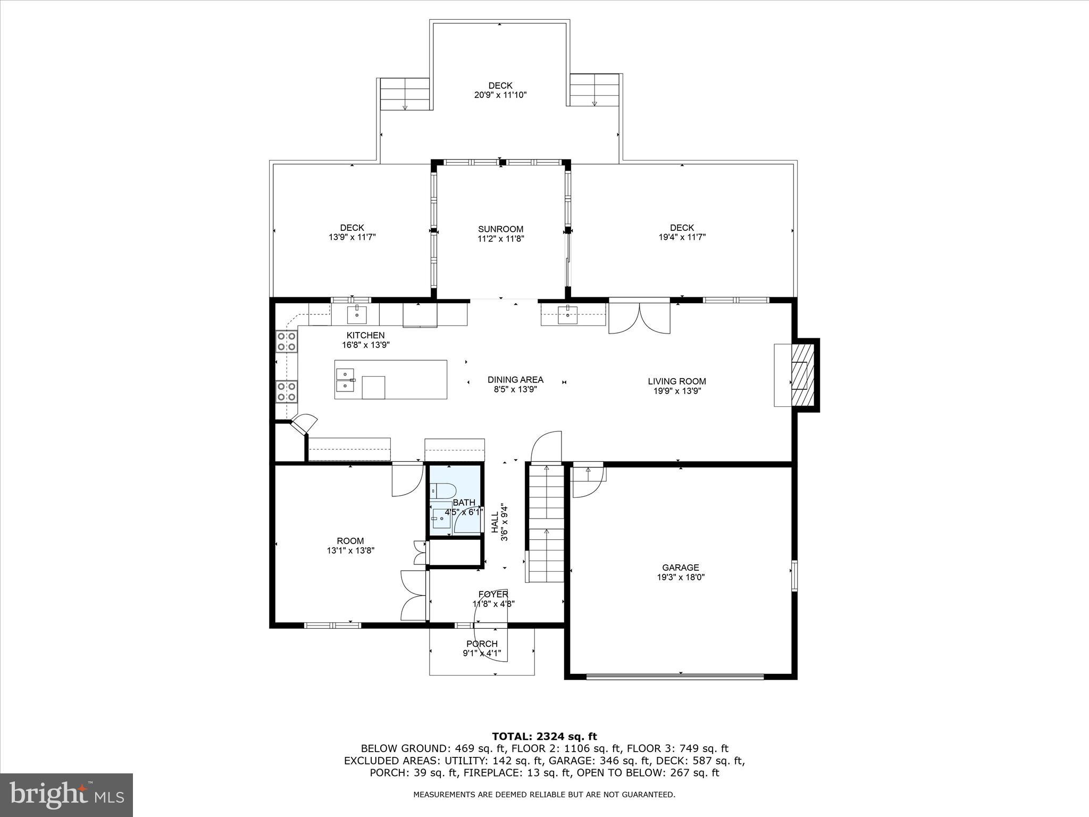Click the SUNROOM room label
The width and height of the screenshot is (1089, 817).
500,229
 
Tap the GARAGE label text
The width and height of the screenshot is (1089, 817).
680,568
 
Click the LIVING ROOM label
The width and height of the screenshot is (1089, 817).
676,381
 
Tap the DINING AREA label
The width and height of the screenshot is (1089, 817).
515,380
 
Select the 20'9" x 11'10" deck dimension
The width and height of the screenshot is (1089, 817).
500,95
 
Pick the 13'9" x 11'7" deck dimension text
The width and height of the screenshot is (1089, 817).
352,237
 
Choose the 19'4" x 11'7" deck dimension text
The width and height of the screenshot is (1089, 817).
682,237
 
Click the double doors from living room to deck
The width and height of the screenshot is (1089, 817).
639,318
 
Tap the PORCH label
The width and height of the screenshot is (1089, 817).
482,644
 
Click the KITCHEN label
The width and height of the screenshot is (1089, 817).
365,335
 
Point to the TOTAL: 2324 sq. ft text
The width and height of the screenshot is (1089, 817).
544,737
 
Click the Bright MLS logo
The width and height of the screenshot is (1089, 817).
66,795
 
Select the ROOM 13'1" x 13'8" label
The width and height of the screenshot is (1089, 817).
350,546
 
